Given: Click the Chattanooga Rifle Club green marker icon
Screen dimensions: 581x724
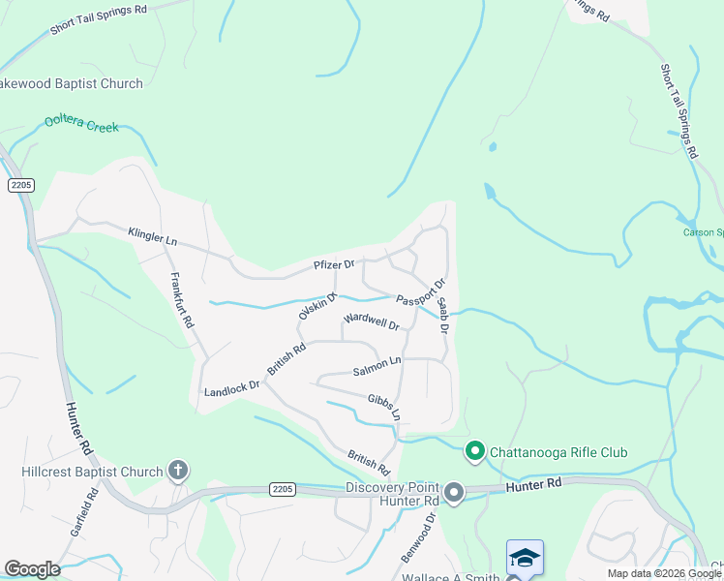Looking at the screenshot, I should coord(475,451).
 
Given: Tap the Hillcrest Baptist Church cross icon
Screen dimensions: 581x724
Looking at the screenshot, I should coord(177,472).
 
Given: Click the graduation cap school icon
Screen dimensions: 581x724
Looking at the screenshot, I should coord(525,558).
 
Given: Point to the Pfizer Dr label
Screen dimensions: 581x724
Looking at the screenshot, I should coord(334,264).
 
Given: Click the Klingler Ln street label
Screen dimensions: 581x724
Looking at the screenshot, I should coord(153,235).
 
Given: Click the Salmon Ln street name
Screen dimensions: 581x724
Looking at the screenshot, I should coord(377,366).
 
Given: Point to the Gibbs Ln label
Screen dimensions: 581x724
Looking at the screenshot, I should coord(384,406).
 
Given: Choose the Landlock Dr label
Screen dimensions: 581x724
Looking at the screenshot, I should coord(231,389).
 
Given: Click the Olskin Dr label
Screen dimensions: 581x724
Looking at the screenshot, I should coord(317,306).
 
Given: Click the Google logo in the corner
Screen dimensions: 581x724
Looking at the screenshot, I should coord(32,569).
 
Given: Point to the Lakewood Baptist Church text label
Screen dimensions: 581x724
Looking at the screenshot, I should coord(72,83).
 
